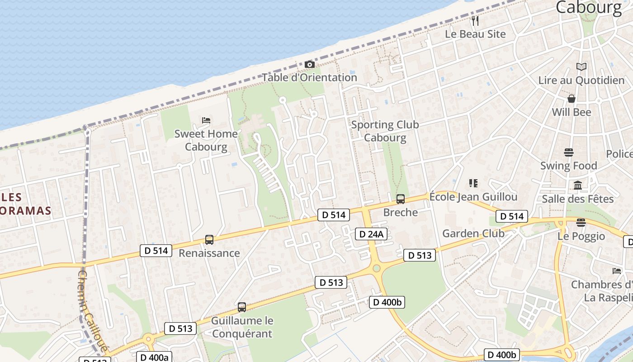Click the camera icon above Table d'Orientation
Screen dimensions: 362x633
(x=309, y=65)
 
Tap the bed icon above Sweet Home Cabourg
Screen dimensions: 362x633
(x=206, y=121)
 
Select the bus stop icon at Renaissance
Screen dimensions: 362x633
(x=209, y=240)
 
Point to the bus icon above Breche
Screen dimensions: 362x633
(x=400, y=199)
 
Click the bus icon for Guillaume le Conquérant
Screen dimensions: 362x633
(x=242, y=307)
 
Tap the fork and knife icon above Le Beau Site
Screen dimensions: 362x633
(x=475, y=21)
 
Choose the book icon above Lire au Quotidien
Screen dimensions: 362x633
(x=581, y=67)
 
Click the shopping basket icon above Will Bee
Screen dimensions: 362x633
(x=572, y=99)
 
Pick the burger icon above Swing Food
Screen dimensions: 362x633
(x=569, y=152)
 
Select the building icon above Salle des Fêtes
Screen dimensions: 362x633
(x=577, y=186)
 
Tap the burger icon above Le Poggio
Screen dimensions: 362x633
(x=581, y=223)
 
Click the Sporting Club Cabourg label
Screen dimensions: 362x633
(x=385, y=131)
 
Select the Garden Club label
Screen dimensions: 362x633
(x=473, y=233)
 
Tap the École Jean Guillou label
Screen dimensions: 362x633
(x=473, y=197)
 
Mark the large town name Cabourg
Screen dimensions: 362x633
(x=589, y=8)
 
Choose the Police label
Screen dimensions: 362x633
(x=619, y=154)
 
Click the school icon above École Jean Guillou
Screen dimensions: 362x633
(x=473, y=183)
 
